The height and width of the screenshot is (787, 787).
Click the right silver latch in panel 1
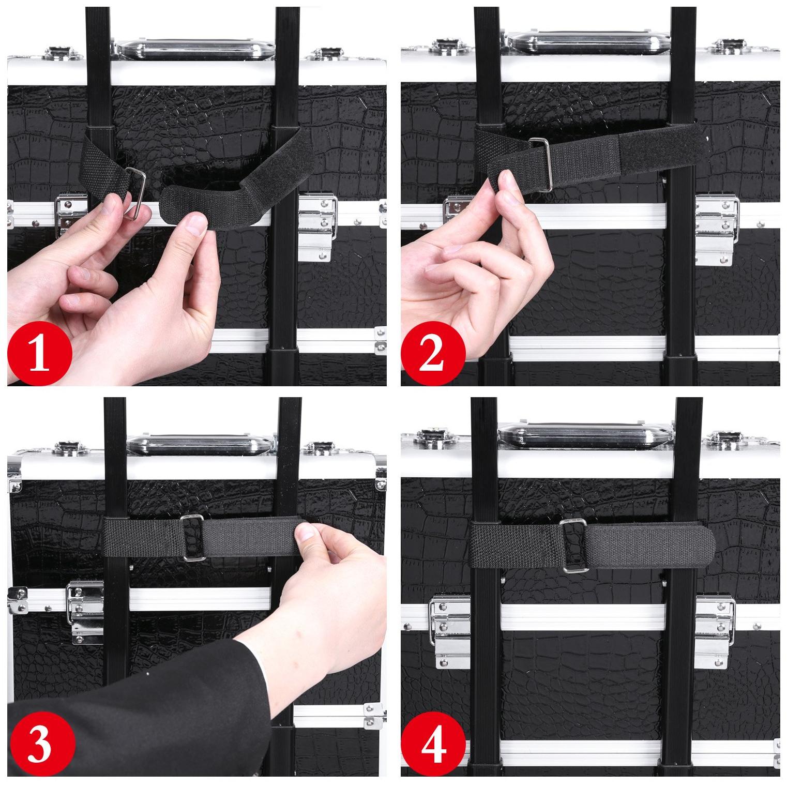tap(318, 222)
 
